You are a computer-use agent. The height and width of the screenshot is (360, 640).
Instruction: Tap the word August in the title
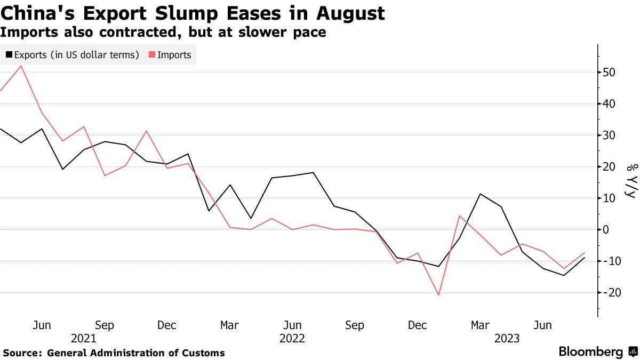[350, 13]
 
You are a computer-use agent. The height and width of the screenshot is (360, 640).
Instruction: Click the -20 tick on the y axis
[607, 292]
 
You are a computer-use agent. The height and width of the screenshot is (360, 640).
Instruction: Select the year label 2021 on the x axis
[84, 338]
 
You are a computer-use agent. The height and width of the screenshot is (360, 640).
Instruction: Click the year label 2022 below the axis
[292, 338]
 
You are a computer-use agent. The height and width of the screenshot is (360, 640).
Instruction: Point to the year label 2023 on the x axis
[507, 338]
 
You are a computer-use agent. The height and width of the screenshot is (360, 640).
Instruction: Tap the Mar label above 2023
[480, 325]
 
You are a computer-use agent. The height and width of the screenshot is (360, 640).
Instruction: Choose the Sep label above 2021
[105, 325]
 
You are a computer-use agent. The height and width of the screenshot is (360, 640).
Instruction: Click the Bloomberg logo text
[590, 352]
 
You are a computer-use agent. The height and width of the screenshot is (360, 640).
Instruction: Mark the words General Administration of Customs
[136, 353]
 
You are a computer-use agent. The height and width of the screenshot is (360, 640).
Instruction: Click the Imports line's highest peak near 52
[21, 66]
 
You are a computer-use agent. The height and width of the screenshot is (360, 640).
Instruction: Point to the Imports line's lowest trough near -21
[439, 295]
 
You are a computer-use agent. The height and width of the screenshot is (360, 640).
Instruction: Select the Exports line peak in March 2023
[481, 194]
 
